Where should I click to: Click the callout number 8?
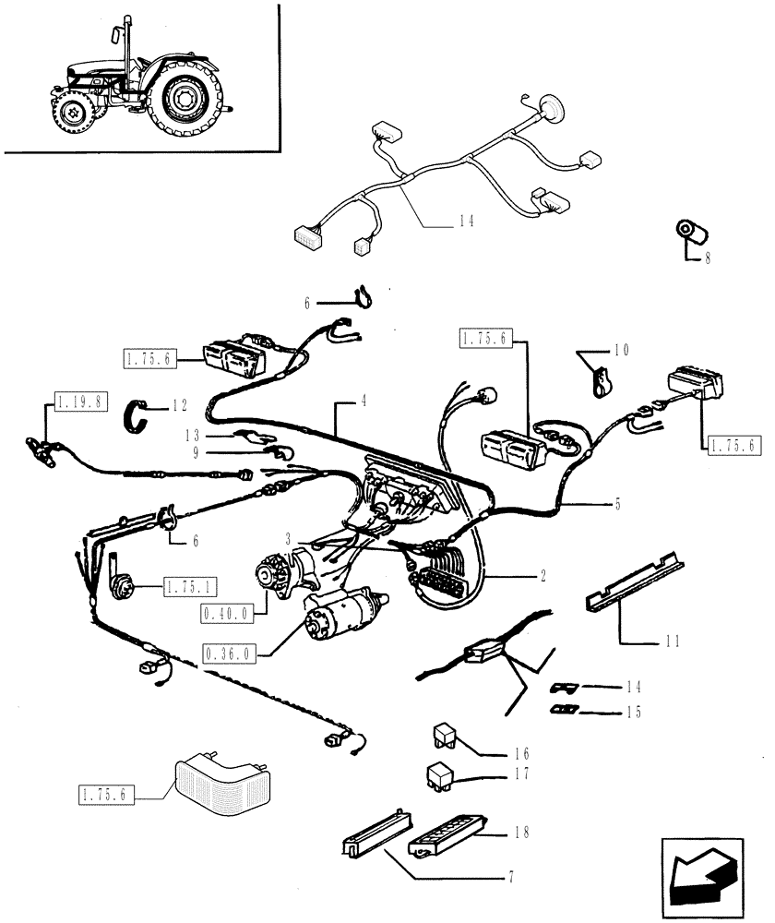point(707,259)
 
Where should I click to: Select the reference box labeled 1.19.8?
point(82,402)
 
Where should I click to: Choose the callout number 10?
point(619,352)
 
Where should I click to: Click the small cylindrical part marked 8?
point(688,233)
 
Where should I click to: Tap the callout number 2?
point(543,576)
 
